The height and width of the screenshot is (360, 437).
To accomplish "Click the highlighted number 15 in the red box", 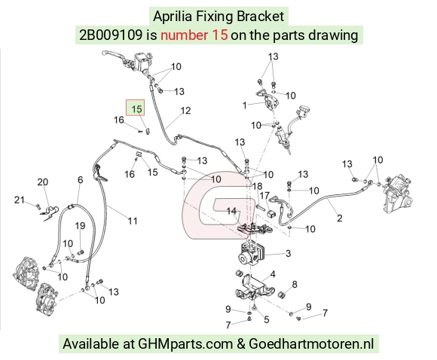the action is [136, 108].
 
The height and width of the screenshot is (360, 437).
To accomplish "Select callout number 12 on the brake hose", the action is [185, 111].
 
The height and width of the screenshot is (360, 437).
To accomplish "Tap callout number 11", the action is [133, 221].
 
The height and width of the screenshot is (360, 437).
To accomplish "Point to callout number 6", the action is [81, 180].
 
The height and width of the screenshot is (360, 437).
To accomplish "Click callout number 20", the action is [43, 182].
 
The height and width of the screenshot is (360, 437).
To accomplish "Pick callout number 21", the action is [20, 200].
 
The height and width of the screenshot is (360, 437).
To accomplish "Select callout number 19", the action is [80, 225].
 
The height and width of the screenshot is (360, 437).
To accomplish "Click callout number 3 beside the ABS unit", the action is [288, 253].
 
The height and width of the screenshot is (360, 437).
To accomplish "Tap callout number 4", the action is [273, 274].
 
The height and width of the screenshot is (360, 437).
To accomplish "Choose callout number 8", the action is [295, 285].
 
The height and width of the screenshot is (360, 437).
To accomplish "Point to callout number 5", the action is [267, 319].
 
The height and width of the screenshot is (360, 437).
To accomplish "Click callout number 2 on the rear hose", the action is [340, 218].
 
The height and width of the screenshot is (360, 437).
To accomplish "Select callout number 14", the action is [231, 211].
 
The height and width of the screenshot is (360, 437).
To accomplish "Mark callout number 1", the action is [244, 105].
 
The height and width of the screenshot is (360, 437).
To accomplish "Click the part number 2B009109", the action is [111, 35].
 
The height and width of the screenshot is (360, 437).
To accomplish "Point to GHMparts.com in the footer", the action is [185, 343].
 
